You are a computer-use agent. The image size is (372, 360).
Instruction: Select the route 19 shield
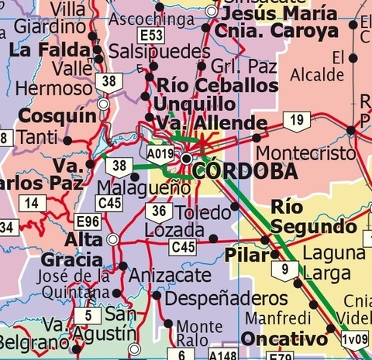296,120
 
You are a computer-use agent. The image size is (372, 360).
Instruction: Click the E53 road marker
152,36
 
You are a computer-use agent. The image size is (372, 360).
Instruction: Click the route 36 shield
158,212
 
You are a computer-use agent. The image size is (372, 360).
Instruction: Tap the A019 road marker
160,154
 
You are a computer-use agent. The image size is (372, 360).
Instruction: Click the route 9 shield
285,270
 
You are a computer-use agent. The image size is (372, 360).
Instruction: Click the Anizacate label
169,274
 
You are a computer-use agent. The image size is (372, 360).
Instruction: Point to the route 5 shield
88,315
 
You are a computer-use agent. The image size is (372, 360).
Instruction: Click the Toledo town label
204,212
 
